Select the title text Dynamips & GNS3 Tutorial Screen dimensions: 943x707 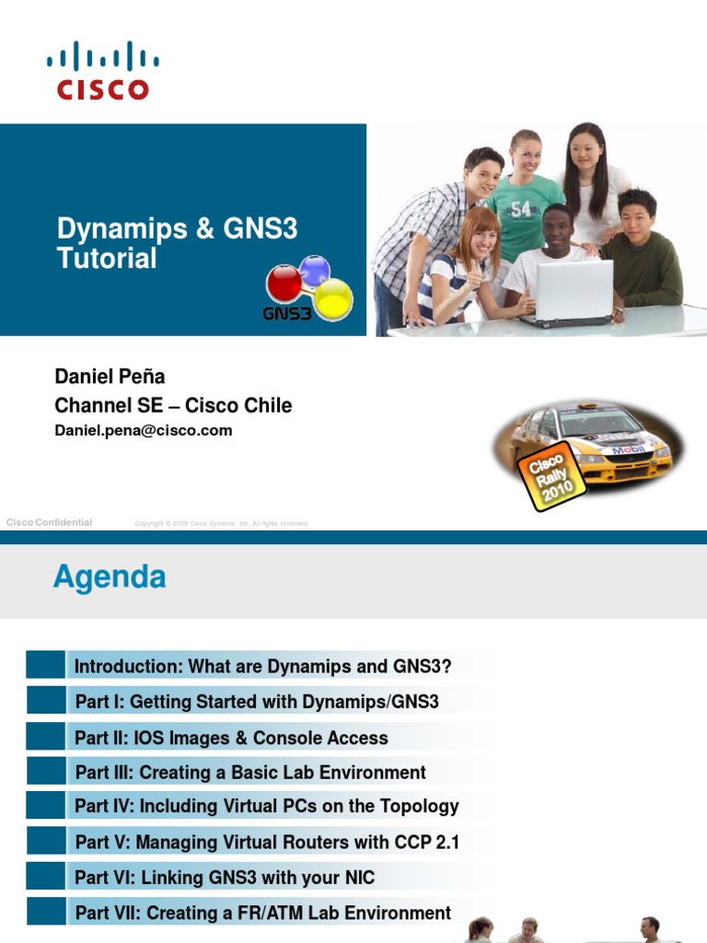tap(177, 243)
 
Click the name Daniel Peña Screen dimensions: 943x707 tap(110, 376)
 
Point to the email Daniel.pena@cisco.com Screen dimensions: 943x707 tap(144, 430)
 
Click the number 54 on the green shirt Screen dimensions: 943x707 tap(522, 209)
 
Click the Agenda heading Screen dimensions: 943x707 tap(110, 577)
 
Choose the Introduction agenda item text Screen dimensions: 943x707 tap(263, 666)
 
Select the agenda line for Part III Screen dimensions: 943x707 tap(250, 772)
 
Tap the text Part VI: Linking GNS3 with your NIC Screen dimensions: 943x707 tap(225, 877)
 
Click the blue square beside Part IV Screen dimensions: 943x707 tap(46, 806)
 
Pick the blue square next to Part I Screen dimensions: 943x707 tap(46, 701)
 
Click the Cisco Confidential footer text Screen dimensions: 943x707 tap(49, 522)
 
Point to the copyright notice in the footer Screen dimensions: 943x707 tap(221, 523)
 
